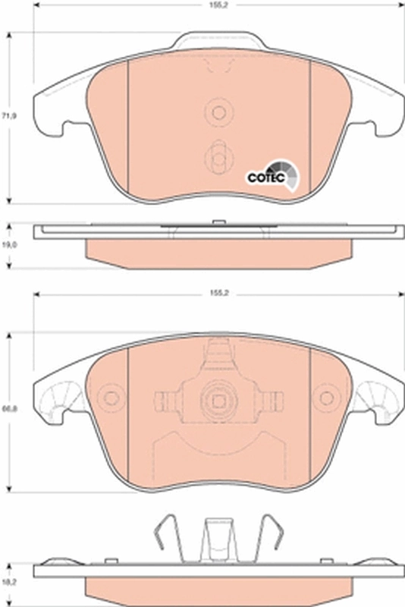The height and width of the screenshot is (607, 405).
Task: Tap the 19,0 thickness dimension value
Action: (8, 245)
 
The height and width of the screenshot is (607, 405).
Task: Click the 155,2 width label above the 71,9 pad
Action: (219, 5)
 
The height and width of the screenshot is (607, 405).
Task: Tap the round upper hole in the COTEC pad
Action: (218, 113)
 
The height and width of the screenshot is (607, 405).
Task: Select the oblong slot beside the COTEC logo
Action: (218, 157)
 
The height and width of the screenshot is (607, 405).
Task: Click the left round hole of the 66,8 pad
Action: (111, 398)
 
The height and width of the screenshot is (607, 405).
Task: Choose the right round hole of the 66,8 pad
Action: (328, 398)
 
